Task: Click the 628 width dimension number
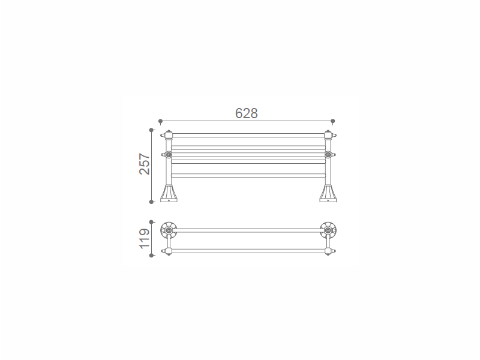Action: pos(247,113)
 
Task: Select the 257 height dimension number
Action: pos(145,164)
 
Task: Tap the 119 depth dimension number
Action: pos(145,239)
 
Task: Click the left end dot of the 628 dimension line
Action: pos(160,121)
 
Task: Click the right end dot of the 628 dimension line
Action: pos(333,121)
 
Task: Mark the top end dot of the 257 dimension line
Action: pos(151,130)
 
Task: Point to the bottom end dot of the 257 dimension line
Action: pos(151,202)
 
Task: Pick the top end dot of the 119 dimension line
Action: pos(151,222)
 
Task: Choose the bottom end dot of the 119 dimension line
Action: pos(151,256)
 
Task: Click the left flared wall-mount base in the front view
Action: pos(169,193)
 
